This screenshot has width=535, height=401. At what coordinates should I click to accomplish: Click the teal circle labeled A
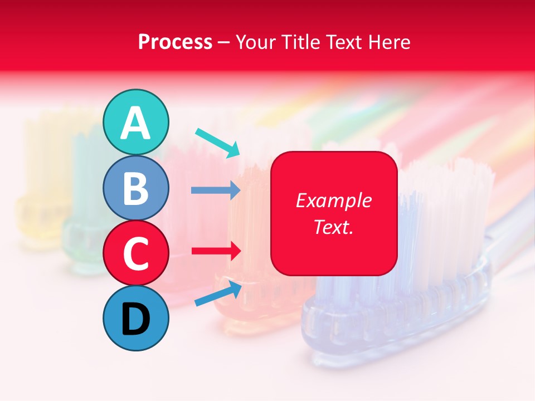tap(136, 123)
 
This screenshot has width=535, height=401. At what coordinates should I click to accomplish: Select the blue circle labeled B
tap(136, 188)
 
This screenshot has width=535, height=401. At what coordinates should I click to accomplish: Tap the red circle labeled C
tap(136, 253)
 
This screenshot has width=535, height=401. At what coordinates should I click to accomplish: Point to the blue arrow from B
tap(216, 190)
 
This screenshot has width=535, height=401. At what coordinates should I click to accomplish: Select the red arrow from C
tap(216, 251)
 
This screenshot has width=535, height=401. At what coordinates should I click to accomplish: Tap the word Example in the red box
tap(334, 200)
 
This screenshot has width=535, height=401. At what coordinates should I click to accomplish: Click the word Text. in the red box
tap(334, 227)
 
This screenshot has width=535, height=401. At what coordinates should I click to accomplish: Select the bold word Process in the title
tap(175, 42)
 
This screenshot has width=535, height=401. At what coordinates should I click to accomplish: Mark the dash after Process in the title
tap(224, 43)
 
